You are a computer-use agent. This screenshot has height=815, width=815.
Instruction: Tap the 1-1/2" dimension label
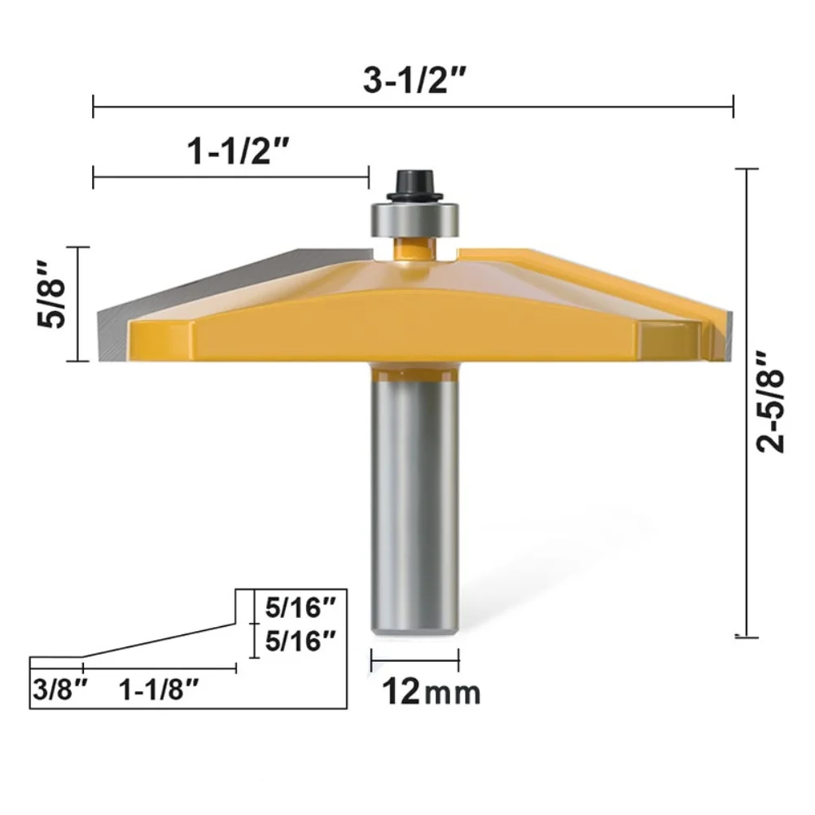230,151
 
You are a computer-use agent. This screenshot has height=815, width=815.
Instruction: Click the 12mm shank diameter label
432,693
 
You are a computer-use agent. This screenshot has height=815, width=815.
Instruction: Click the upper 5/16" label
300,607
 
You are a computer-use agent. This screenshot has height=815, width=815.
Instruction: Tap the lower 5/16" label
300,641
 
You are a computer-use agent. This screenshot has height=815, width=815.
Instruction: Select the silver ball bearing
414,220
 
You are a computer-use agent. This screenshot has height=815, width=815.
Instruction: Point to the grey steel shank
414,505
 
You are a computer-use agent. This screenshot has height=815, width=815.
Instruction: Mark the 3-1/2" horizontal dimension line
570,106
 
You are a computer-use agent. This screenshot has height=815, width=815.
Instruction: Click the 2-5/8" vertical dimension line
746,489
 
